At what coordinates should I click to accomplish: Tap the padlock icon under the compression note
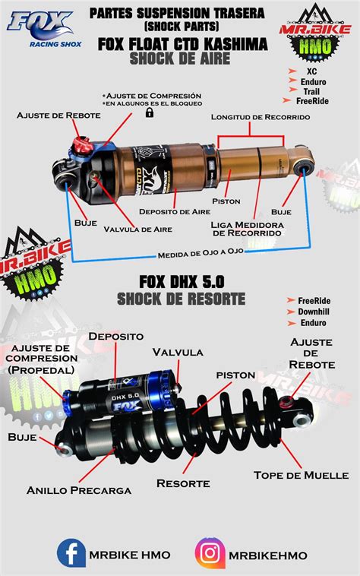(x=150, y=112)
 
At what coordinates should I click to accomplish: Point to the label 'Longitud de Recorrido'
(x=261, y=117)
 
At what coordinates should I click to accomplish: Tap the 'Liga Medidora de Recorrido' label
(x=247, y=229)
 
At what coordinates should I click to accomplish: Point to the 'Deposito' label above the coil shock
(x=115, y=335)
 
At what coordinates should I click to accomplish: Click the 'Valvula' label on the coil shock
(x=177, y=352)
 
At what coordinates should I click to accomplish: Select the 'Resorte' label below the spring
(x=183, y=483)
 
